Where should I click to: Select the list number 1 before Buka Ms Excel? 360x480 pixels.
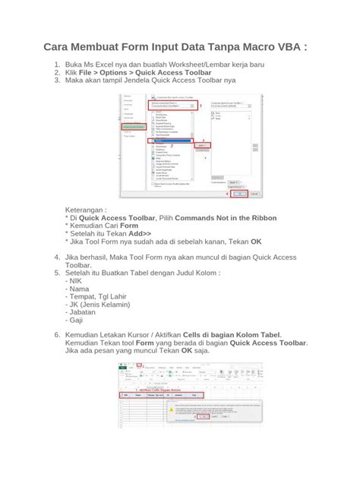pos(56,66)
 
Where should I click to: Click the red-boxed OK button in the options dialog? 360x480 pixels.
pos(239,194)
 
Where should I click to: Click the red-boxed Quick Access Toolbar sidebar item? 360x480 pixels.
pos(132,126)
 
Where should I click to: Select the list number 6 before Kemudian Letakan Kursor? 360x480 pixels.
pos(56,335)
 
